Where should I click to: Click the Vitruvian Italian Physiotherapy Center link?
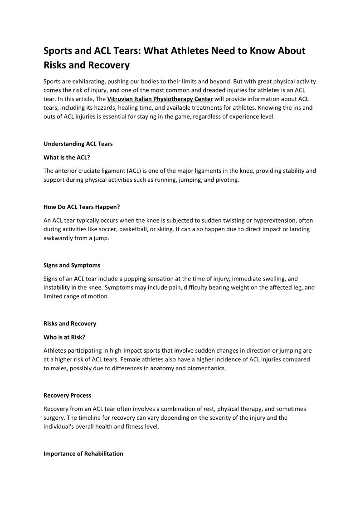[160, 99]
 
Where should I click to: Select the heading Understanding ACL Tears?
[78, 144]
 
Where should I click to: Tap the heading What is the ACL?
[67, 157]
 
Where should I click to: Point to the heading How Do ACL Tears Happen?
[82, 207]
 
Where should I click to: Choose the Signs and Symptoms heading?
[72, 266]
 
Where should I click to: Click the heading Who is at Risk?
[64, 337]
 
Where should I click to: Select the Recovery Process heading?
[68, 396]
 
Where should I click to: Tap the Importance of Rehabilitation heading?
[83, 454]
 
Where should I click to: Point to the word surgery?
[55, 418]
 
